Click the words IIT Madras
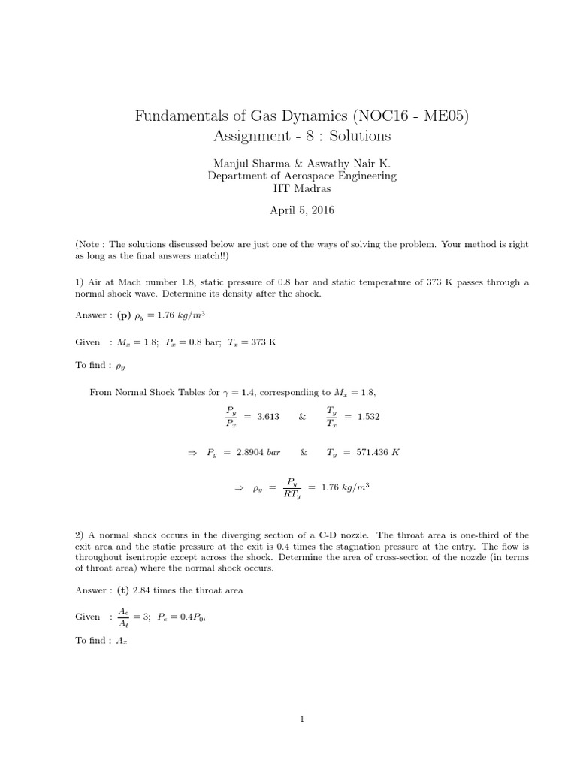tap(302, 188)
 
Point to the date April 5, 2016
tap(302, 210)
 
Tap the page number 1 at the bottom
tap(302, 719)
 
